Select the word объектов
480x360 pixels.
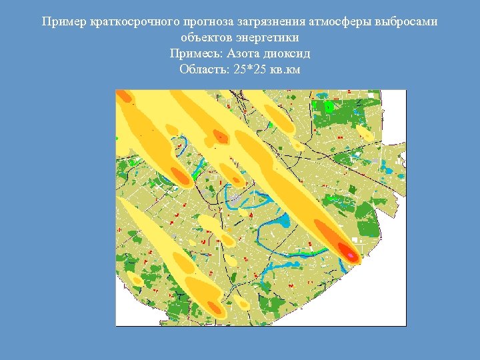click(x=203, y=38)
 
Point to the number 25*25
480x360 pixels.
click(x=250, y=69)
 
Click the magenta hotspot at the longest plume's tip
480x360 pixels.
click(x=351, y=255)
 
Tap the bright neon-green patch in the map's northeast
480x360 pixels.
click(x=328, y=105)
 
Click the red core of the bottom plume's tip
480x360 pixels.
click(x=215, y=308)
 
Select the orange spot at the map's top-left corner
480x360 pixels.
click(x=124, y=96)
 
